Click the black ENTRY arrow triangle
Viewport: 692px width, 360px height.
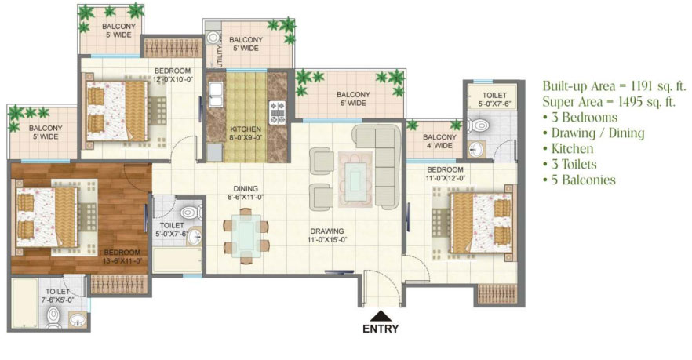coord(380,316)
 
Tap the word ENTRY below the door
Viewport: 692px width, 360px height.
coord(381,329)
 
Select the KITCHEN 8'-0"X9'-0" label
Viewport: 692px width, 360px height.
coord(246,133)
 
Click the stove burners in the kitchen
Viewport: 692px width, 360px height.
coord(278,112)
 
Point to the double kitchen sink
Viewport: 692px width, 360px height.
coord(216,95)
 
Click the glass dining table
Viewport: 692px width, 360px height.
coord(246,236)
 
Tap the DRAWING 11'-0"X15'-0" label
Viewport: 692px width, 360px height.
coord(327,235)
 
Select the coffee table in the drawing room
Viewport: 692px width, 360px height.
coord(355,179)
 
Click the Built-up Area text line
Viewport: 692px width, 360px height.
coord(614,86)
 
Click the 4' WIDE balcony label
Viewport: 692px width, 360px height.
coord(439,146)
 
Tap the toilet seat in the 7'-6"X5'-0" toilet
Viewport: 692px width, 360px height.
coord(54,316)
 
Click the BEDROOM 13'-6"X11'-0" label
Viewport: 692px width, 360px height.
coord(122,256)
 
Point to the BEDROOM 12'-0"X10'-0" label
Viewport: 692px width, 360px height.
coord(173,75)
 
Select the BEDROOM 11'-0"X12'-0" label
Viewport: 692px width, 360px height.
coord(446,174)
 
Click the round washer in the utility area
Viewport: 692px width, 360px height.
coord(213,38)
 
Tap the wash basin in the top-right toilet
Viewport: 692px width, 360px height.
coord(476,150)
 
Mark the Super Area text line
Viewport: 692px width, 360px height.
coord(609,102)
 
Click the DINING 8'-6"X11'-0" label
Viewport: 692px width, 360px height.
coord(246,193)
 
